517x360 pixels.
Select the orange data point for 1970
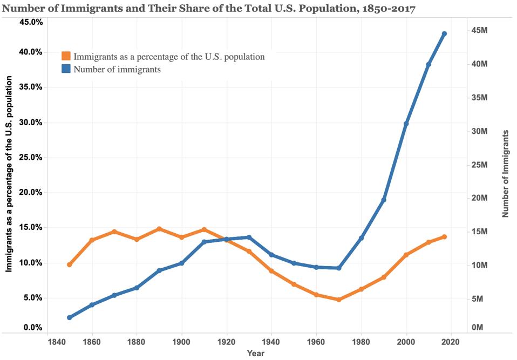click(339, 300)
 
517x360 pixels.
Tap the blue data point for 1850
click(70, 317)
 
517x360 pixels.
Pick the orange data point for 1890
click(159, 229)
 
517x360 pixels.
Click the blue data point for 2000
click(406, 124)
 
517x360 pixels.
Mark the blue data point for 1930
click(249, 237)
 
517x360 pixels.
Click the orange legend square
click(66, 56)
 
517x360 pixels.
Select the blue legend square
click(66, 69)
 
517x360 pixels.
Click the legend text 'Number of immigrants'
click(117, 69)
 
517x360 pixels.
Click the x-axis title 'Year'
click(256, 353)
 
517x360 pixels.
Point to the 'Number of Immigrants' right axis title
click(506, 173)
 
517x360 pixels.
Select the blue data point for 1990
click(384, 200)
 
